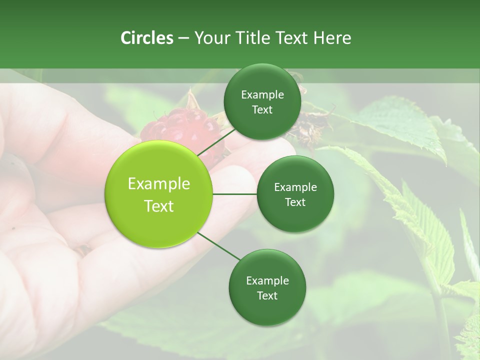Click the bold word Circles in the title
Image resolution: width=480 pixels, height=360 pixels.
tap(146, 38)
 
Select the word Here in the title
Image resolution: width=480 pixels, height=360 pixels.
tap(332, 38)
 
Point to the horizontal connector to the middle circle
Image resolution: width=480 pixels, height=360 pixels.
tap(235, 193)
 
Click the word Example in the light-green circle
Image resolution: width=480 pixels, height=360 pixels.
tap(159, 184)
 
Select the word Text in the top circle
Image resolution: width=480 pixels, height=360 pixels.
tap(262, 110)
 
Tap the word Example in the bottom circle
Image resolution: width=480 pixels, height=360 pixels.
tap(267, 280)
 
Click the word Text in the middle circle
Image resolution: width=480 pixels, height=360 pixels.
tap(295, 202)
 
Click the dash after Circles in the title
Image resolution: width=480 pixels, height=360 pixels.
tap(183, 38)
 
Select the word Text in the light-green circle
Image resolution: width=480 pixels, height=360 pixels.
tap(159, 206)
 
